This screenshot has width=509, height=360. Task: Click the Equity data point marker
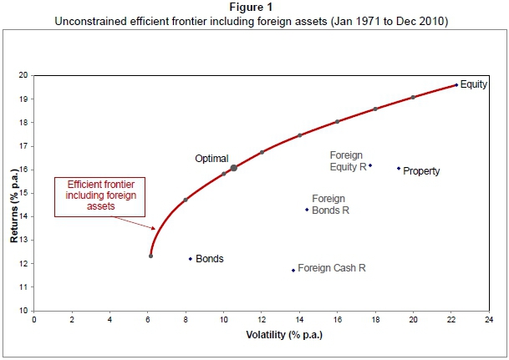(456, 84)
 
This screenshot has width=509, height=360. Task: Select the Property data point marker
(399, 168)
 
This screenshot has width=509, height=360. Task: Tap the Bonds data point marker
(191, 259)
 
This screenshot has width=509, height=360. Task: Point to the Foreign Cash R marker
(293, 270)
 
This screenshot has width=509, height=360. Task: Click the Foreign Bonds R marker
(307, 210)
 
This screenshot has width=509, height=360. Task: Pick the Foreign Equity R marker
(370, 165)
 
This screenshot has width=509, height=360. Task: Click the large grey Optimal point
(234, 168)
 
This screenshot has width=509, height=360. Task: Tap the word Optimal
(211, 158)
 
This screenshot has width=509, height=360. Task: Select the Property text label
(421, 171)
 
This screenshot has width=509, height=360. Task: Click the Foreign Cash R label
(332, 269)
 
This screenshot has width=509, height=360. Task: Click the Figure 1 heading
(253, 7)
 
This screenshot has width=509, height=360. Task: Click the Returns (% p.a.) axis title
(14, 193)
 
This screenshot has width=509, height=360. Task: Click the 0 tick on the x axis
(34, 319)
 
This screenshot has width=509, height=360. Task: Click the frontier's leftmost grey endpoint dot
(150, 256)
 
